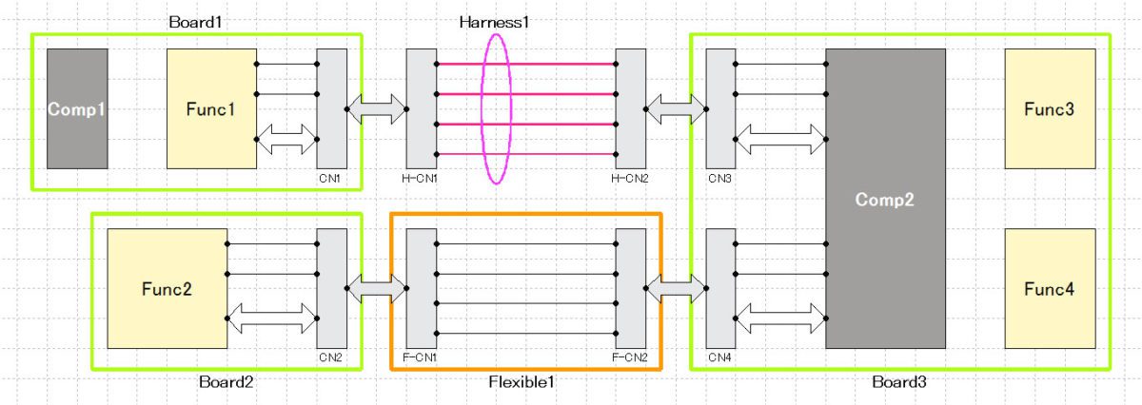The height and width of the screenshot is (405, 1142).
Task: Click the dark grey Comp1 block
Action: point(78,108)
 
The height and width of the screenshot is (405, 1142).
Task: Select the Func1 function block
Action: point(211,108)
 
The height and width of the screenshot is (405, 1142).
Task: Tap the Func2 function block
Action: point(167,289)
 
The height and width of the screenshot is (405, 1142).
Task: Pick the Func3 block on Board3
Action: point(1050,108)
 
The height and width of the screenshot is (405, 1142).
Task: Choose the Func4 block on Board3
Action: point(1050,289)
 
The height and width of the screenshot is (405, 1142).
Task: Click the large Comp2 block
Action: point(885,199)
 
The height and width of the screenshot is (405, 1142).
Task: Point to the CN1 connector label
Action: point(330,178)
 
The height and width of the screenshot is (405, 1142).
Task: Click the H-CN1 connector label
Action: point(419,178)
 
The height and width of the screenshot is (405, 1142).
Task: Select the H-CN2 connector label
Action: point(629,178)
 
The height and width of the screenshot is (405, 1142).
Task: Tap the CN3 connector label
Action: point(719,178)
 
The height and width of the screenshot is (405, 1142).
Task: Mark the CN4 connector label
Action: point(719,358)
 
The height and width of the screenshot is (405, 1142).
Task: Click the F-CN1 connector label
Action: point(419,358)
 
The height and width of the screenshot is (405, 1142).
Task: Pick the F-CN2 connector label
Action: point(629,358)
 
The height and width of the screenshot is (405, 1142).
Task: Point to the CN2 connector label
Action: point(330,358)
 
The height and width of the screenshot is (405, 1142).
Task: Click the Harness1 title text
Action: point(494,21)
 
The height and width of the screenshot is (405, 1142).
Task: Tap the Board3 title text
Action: point(898,382)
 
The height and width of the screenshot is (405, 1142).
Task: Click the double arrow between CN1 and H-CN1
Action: point(377,108)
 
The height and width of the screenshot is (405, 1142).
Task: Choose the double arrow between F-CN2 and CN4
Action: point(677,289)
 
